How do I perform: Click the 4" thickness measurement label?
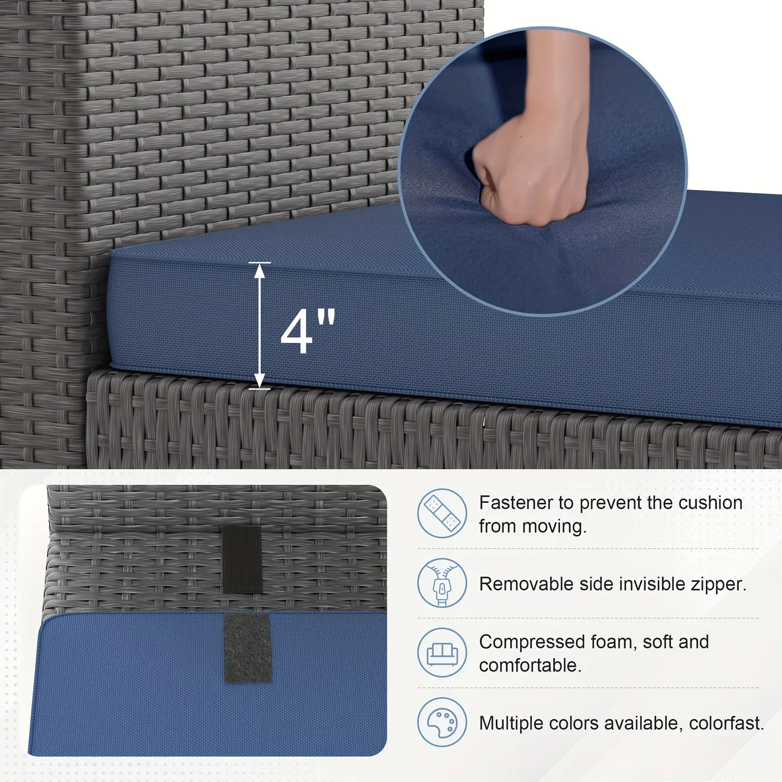click(308, 332)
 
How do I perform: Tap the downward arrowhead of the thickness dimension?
click(259, 380)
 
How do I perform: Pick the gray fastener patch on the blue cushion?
click(247, 648)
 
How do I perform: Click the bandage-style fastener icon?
click(442, 513)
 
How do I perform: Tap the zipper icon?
click(442, 583)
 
